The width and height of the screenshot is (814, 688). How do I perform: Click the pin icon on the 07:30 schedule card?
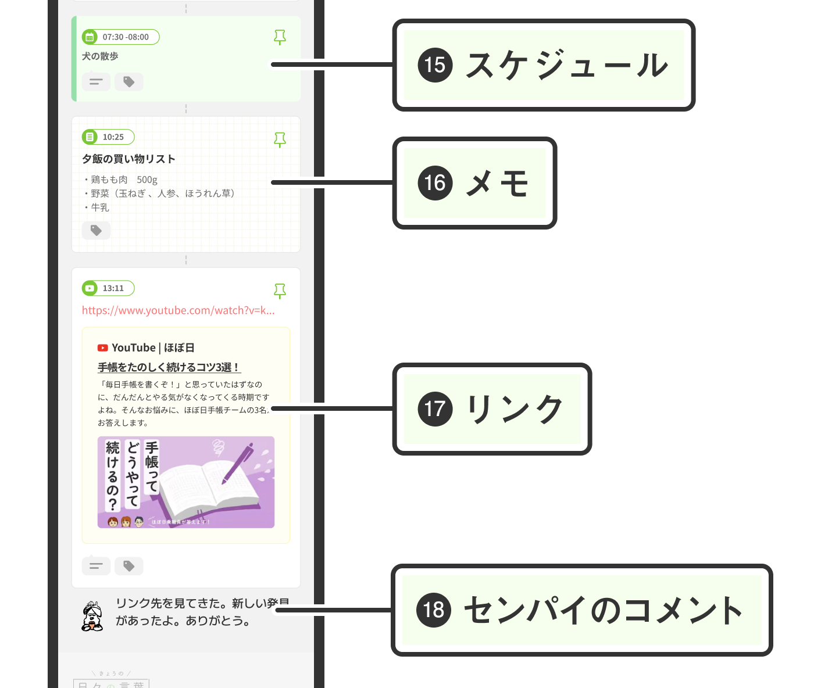click(280, 37)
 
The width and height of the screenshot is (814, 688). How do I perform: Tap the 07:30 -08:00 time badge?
click(120, 37)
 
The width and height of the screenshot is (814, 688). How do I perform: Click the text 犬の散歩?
click(100, 56)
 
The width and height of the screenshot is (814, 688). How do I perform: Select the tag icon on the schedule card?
click(129, 82)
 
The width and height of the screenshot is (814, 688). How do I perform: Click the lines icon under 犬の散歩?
click(96, 82)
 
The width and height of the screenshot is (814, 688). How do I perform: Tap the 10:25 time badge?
click(108, 137)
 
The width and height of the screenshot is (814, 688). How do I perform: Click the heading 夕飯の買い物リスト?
click(128, 159)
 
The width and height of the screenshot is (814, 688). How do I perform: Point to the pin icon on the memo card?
click(280, 139)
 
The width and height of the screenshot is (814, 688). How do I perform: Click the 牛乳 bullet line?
click(99, 207)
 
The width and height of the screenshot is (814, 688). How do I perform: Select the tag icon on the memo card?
click(96, 231)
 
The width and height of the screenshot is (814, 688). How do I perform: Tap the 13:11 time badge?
click(108, 288)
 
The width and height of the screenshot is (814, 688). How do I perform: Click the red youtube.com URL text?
click(178, 310)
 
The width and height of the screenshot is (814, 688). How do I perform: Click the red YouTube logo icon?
click(103, 348)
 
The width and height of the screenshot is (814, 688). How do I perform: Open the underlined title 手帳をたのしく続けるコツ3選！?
click(169, 367)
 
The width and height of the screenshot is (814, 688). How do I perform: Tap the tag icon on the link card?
click(129, 566)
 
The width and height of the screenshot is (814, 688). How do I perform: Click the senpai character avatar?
click(92, 617)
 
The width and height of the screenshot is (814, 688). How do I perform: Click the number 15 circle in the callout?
click(435, 64)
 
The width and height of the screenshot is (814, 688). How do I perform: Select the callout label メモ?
click(498, 183)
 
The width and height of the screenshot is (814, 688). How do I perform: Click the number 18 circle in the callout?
click(434, 610)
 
